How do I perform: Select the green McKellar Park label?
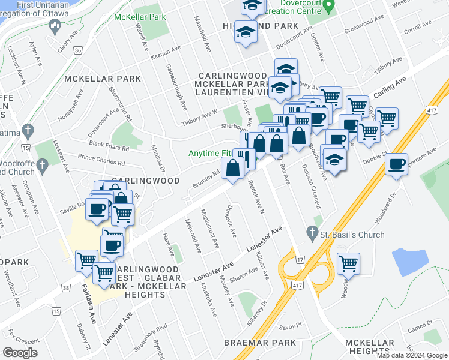point(140,17)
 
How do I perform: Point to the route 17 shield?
point(300,259)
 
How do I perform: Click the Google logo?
point(20,353)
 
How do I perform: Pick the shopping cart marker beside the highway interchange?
point(348,263)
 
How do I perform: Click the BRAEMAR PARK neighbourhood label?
point(260,343)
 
